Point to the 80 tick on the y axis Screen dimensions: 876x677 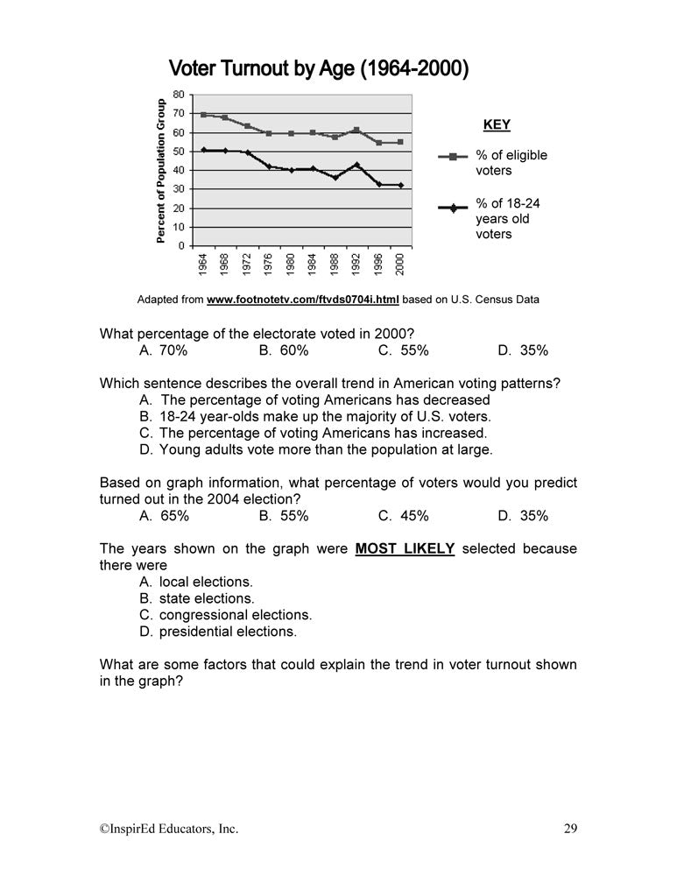[178, 95]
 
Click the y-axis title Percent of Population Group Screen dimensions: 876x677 [161, 170]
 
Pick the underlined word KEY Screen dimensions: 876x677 [497, 125]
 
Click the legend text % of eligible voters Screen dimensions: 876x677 [511, 163]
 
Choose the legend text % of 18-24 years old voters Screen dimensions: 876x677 [507, 218]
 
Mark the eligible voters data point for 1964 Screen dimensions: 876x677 [203, 115]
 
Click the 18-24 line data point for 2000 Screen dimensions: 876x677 [400, 185]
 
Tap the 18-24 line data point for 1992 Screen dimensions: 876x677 [356, 165]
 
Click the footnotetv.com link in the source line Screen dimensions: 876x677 [302, 300]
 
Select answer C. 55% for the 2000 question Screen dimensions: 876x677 [404, 350]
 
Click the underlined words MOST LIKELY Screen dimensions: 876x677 [405, 549]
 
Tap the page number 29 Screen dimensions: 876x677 [570, 828]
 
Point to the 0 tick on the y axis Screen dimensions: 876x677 [180, 246]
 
